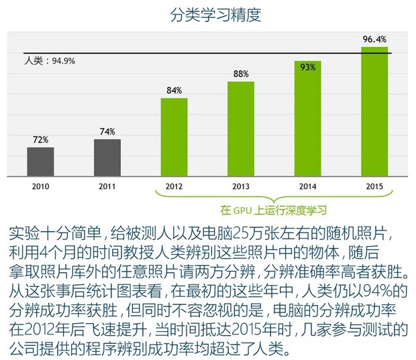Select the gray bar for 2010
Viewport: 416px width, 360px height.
pyautogui.click(x=40, y=162)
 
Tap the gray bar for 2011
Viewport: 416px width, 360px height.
pyautogui.click(x=107, y=158)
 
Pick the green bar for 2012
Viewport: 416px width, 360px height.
pyautogui.click(x=174, y=137)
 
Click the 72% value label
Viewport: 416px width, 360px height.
pyautogui.click(x=40, y=140)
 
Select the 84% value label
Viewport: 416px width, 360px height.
pyautogui.click(x=174, y=91)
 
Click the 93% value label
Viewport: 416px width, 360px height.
pyautogui.click(x=308, y=66)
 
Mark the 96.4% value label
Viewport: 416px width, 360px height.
pyautogui.click(x=374, y=40)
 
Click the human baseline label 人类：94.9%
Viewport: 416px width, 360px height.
pyautogui.click(x=50, y=61)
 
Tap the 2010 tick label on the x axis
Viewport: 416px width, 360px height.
pyautogui.click(x=40, y=186)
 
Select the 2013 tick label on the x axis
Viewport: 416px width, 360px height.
pyautogui.click(x=241, y=186)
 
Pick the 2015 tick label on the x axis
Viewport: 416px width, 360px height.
pyautogui.click(x=374, y=186)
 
